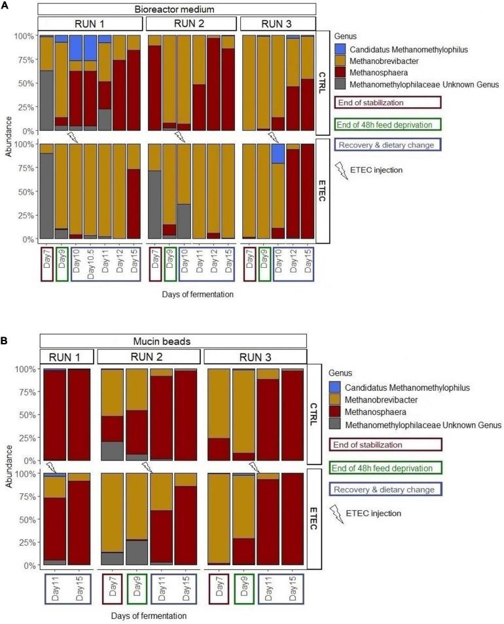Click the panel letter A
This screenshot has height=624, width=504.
[x=5, y=5]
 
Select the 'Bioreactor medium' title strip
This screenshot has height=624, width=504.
[x=177, y=8]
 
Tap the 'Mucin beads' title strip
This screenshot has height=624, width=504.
[x=173, y=340]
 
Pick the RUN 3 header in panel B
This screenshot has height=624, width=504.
[x=256, y=357]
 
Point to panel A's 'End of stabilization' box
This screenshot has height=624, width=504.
[x=387, y=102]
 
